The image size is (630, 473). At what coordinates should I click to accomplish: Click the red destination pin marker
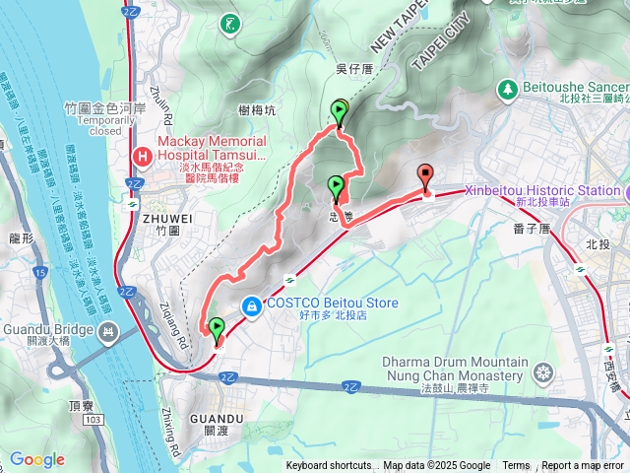(425, 176)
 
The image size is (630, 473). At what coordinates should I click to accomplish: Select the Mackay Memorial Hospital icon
(143, 156)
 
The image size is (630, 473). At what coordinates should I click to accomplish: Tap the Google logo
(36, 459)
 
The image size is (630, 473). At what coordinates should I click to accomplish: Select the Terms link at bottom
(516, 466)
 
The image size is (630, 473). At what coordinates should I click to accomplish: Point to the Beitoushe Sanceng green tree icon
(507, 89)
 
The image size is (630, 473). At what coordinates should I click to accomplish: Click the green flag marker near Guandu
(217, 329)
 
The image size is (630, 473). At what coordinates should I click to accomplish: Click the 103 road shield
(93, 392)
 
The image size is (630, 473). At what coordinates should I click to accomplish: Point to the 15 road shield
(39, 271)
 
